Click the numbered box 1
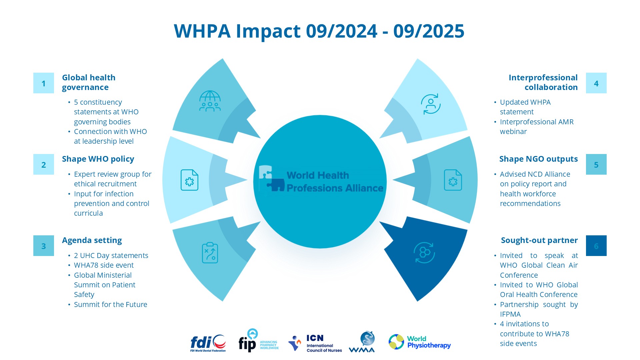(x=43, y=83)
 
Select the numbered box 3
(x=43, y=246)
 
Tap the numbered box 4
(x=596, y=83)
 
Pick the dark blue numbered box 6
(x=596, y=246)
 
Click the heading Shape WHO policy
(x=98, y=159)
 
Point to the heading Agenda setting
(x=92, y=240)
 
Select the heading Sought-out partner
(x=539, y=240)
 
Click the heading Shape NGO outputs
(x=538, y=159)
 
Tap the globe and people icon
(x=210, y=101)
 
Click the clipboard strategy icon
(x=210, y=253)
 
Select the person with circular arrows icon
(x=430, y=104)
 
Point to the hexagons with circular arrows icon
(x=424, y=253)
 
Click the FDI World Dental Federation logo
(x=208, y=343)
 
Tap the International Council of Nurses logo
(x=315, y=343)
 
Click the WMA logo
(x=362, y=342)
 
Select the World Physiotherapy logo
(x=419, y=342)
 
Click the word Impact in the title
(x=268, y=31)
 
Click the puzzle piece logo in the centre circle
(x=271, y=179)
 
